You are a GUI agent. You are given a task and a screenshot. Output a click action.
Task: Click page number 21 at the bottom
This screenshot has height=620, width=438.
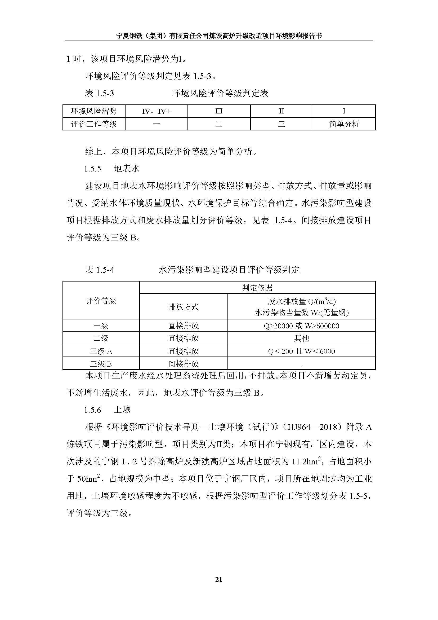[219, 579]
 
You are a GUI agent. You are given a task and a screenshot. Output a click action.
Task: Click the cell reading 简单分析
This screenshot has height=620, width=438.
[344, 124]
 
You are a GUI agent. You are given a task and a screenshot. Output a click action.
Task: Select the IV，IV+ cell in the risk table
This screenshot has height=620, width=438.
[156, 111]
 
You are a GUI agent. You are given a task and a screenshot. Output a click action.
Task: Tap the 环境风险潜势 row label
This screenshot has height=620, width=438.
[93, 111]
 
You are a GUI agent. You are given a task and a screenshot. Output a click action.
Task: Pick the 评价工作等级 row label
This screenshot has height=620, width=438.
[93, 124]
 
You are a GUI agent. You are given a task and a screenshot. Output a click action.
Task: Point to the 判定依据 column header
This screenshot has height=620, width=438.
[257, 288]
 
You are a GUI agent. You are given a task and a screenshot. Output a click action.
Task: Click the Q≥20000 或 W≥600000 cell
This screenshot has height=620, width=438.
[301, 326]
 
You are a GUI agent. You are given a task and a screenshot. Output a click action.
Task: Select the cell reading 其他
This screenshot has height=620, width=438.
[301, 338]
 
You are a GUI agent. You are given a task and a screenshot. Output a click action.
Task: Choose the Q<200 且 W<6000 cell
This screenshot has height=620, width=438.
[301, 351]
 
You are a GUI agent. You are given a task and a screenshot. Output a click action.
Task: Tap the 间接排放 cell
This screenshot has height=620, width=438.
[184, 364]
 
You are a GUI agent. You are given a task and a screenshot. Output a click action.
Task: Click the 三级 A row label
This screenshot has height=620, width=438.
[101, 351]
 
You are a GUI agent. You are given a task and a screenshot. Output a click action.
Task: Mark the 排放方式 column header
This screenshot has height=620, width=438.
[184, 307]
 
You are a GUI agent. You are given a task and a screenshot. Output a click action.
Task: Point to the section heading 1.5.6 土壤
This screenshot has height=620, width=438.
[107, 410]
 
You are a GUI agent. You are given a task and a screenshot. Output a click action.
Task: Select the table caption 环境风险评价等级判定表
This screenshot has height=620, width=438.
[220, 93]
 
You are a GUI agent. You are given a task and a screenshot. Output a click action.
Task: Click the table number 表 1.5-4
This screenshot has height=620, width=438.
[100, 270]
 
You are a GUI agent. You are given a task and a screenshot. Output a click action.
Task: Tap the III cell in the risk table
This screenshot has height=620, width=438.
[219, 111]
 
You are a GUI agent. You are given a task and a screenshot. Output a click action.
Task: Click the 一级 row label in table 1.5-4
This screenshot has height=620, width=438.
[101, 326]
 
